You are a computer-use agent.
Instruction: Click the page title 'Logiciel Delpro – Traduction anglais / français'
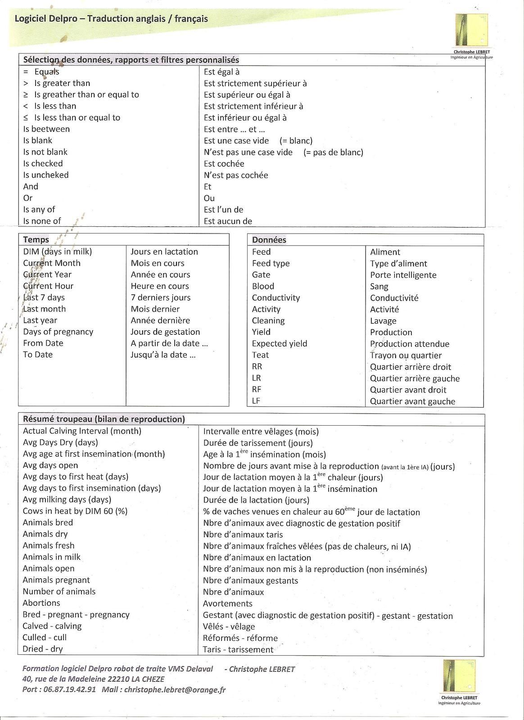coord(111,19)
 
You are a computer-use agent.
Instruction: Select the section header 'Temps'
coord(36,239)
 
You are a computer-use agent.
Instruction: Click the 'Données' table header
coord(269,240)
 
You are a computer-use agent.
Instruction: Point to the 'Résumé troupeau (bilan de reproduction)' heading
coord(104,419)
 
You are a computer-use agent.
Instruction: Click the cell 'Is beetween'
coord(46,129)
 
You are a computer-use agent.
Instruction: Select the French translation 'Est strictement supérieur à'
coord(255,83)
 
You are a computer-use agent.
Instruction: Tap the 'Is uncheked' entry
coord(46,175)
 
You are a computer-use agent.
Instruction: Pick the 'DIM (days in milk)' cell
coord(58,252)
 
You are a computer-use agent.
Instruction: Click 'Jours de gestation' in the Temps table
coord(165,332)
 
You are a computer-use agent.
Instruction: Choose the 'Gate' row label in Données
coord(261,274)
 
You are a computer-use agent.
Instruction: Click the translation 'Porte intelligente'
coord(403,275)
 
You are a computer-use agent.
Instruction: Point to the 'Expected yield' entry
coord(280,343)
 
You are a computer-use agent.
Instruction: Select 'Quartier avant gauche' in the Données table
coord(412,401)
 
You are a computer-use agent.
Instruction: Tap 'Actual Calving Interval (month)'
coord(82,431)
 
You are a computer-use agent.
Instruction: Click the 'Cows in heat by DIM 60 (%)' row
coord(75,511)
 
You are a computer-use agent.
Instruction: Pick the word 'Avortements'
coord(228,603)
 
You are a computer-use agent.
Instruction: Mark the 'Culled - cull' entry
coord(45,637)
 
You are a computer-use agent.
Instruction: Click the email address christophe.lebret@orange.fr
coord(175,689)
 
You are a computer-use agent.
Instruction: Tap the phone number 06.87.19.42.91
coord(70,689)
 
